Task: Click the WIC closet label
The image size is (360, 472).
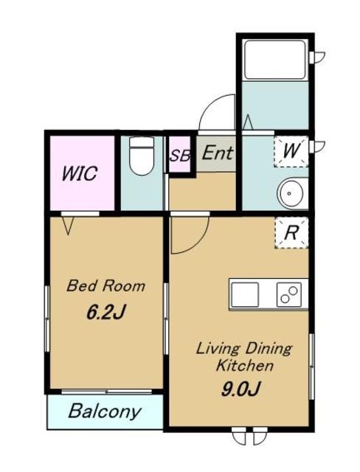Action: click(80, 173)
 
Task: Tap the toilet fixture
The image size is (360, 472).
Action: click(142, 156)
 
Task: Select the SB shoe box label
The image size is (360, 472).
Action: click(180, 156)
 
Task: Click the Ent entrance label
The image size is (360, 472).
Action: click(217, 153)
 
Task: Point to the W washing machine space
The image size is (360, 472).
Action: click(291, 151)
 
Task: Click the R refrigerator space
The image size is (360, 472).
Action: click(291, 232)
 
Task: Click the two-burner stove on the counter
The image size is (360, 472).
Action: click(289, 294)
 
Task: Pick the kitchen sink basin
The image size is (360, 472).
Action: click(244, 295)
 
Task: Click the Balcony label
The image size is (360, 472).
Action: click(105, 412)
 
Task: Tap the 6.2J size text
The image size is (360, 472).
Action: click(105, 312)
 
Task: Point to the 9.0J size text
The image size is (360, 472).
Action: click(240, 389)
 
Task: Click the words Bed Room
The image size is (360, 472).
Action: click(105, 285)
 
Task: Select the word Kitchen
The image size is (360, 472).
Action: click(245, 366)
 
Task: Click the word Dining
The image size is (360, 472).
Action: click(269, 350)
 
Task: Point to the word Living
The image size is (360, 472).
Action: click(218, 350)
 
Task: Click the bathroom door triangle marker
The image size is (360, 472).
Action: click(248, 122)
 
